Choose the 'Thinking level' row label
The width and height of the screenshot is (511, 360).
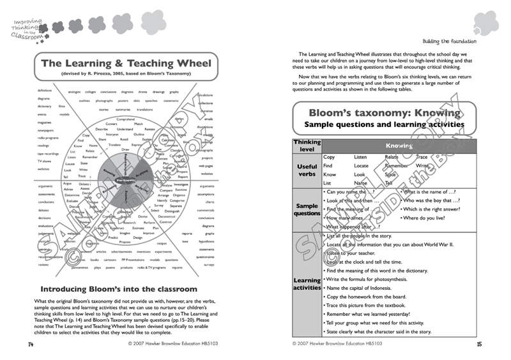click(x=307, y=146)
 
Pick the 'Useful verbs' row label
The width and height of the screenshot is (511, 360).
click(x=307, y=170)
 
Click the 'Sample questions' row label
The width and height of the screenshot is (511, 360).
click(x=307, y=209)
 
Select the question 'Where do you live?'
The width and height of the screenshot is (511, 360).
click(x=424, y=218)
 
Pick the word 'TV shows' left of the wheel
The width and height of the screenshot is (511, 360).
click(x=44, y=161)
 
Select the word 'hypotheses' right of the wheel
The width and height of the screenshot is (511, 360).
click(x=206, y=242)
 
